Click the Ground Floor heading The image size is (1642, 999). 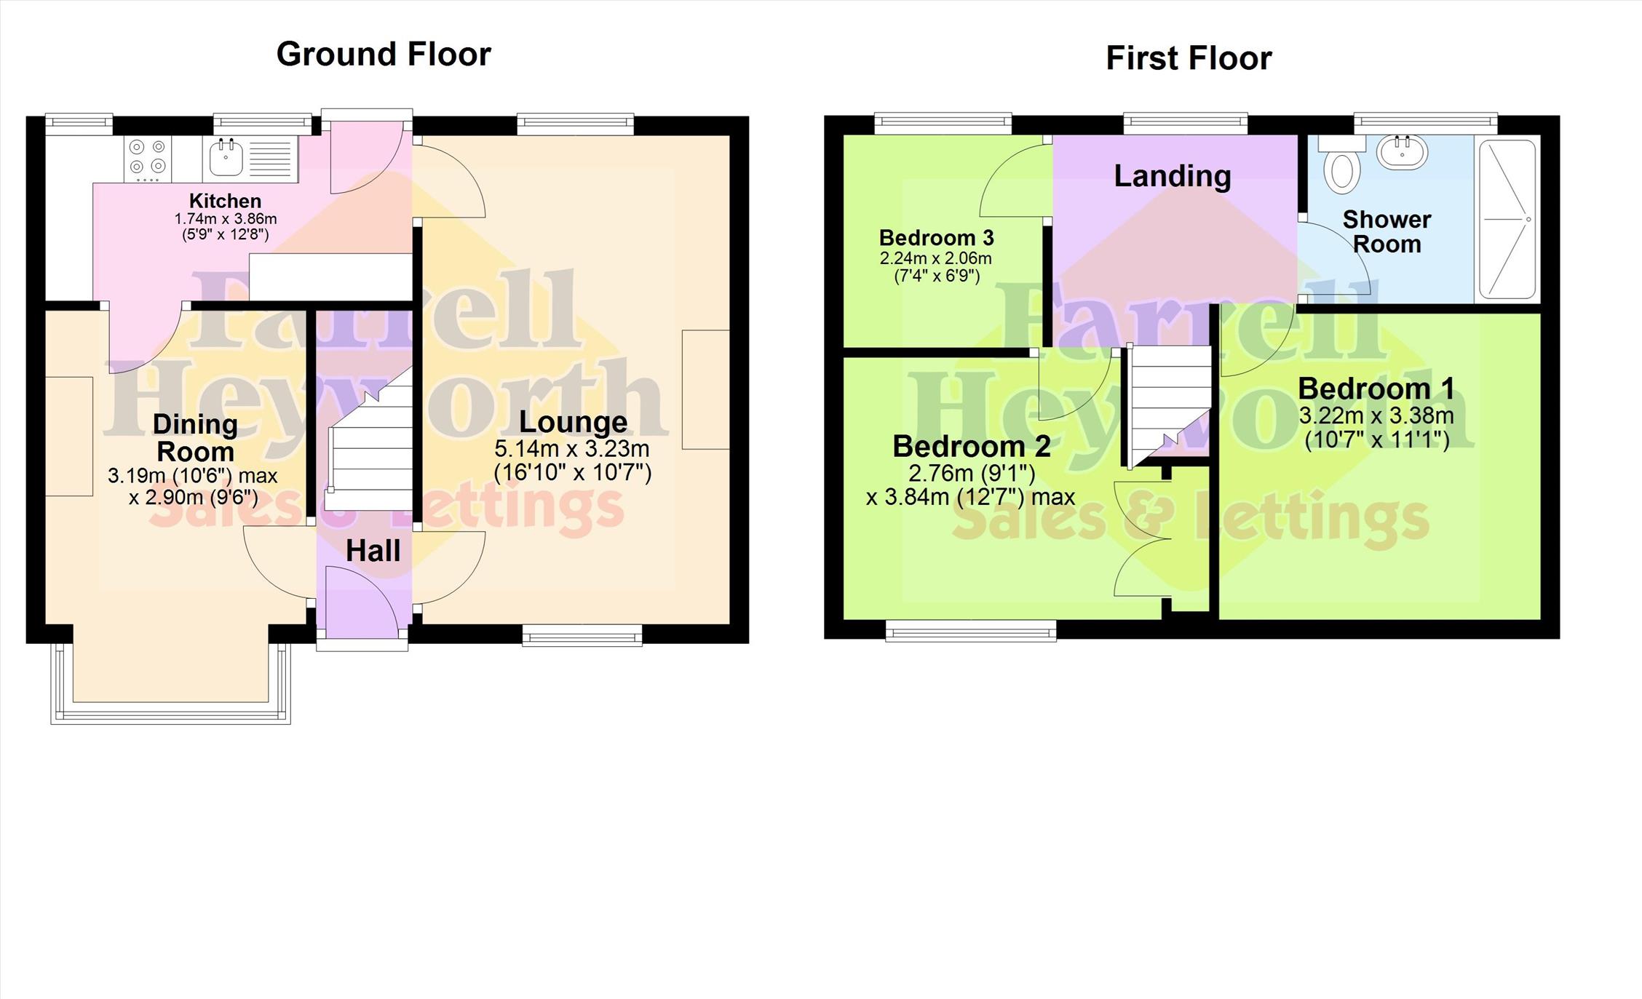point(384,55)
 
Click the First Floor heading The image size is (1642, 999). point(1189,58)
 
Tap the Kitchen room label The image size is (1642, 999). point(225,201)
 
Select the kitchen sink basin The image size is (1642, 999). point(226,157)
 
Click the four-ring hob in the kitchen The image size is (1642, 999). point(148,159)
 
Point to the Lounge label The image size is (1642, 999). point(573,422)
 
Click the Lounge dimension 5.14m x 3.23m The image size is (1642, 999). point(572,448)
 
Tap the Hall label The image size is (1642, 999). point(373,551)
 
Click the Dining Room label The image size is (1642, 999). point(195,438)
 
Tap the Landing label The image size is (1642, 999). point(1173,176)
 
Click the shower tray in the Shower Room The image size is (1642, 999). point(1507,219)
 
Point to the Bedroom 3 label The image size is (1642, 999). point(936,238)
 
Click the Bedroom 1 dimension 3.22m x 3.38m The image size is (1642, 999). point(1376,416)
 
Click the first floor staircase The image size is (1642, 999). point(1167,405)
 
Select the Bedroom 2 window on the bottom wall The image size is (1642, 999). point(971,630)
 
